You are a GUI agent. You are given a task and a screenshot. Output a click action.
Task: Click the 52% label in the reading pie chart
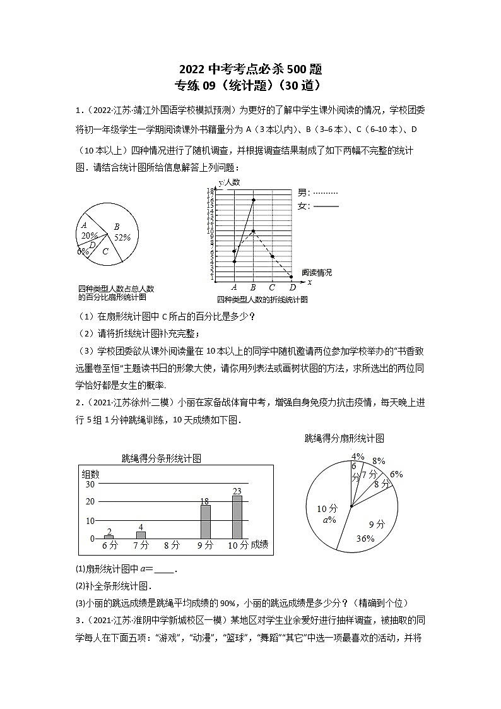(x=122, y=237)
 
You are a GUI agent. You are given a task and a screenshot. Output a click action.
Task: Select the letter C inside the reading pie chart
(x=105, y=251)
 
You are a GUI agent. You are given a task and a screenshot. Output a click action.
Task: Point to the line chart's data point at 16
(x=253, y=200)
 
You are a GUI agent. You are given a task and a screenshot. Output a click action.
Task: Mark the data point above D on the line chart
(x=291, y=277)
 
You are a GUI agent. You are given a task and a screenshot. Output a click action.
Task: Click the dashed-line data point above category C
(x=272, y=256)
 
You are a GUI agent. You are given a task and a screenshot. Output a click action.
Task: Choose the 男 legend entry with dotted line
(x=318, y=193)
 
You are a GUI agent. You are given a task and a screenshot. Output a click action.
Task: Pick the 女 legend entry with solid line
(x=318, y=206)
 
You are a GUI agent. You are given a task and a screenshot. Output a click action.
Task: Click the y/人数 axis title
(x=230, y=183)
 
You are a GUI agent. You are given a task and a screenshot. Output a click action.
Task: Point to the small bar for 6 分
(x=109, y=537)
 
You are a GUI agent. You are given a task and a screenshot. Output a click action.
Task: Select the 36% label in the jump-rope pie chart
(x=365, y=539)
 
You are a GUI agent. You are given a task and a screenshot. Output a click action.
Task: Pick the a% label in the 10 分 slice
(x=329, y=520)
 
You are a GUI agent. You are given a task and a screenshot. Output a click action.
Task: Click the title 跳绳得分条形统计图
(x=162, y=459)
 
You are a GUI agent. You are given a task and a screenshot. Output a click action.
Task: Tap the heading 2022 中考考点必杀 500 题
(x=251, y=69)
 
